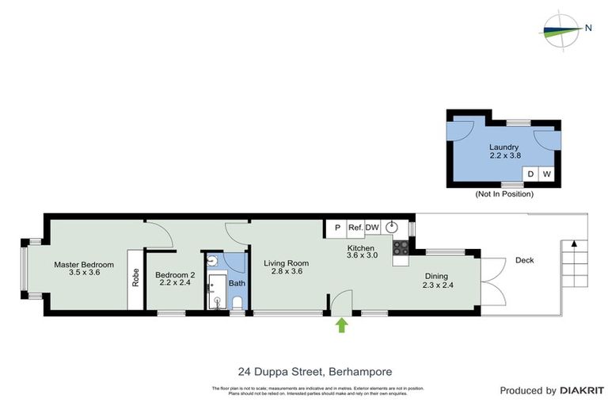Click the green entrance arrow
click(342, 324)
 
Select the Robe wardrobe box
click(135, 280)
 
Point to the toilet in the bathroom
click(237, 302)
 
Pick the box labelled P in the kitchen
click(336, 228)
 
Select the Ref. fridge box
click(355, 228)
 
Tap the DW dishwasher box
click(372, 228)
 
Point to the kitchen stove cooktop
click(401, 251)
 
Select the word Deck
click(524, 260)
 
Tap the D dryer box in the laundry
click(531, 174)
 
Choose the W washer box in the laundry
click(546, 174)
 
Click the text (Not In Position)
click(503, 194)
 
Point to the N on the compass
click(587, 29)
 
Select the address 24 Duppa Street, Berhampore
click(303, 370)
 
